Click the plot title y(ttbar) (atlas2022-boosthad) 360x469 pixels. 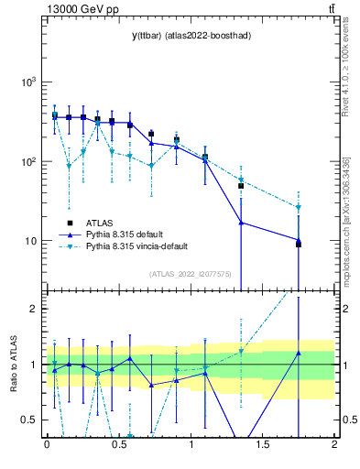tap(191, 35)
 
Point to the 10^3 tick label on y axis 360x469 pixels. tap(28, 82)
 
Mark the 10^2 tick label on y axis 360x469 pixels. tap(28, 161)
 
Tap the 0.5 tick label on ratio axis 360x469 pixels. tap(31, 420)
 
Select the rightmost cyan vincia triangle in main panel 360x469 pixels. tap(299, 207)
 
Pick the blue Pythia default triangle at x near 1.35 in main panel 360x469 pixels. tap(241, 223)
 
